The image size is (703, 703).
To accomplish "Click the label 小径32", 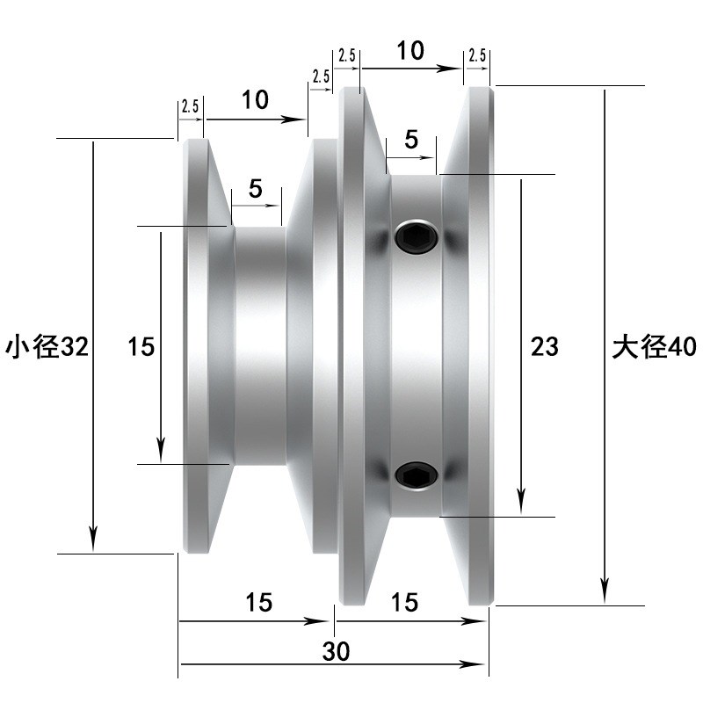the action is pyautogui.click(x=47, y=346).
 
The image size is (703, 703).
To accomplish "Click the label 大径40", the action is pyautogui.click(x=654, y=346).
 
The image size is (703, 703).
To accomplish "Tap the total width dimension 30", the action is pyautogui.click(x=336, y=651).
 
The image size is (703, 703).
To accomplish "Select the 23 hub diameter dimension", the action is pyautogui.click(x=545, y=346).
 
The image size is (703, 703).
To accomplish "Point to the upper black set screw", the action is pyautogui.click(x=417, y=236).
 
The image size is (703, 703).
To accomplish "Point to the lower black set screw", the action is pyautogui.click(x=417, y=475).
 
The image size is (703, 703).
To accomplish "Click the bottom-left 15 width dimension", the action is pyautogui.click(x=258, y=602).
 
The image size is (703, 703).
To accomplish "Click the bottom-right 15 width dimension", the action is pyautogui.click(x=404, y=602).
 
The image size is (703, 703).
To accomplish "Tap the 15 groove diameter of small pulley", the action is pyautogui.click(x=141, y=346).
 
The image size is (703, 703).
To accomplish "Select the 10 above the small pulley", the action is pyautogui.click(x=255, y=99).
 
